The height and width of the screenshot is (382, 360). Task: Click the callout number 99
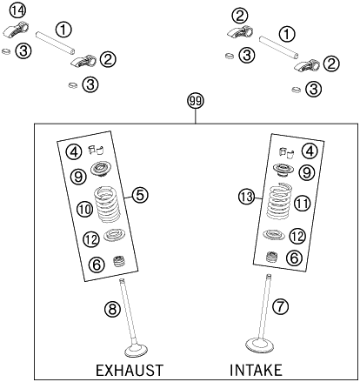[x=196, y=102]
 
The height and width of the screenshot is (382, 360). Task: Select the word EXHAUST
[x=129, y=369]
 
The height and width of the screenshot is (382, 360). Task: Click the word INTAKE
[x=257, y=369]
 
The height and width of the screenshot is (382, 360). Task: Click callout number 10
[x=84, y=210]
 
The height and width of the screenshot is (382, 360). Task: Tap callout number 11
[x=302, y=204]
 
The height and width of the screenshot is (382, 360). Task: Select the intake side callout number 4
[x=309, y=151]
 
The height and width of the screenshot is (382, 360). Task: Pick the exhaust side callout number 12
[x=90, y=238]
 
